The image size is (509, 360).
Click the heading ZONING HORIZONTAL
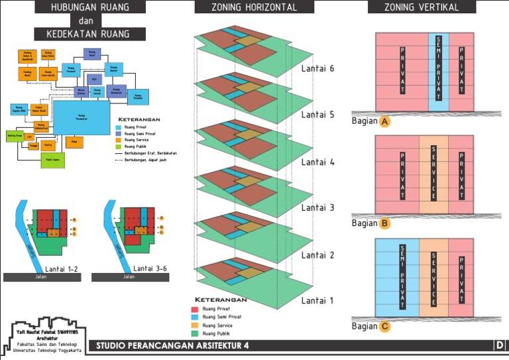pyautogui.click(x=246, y=7)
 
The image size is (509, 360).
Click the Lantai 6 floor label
pyautogui.click(x=318, y=68)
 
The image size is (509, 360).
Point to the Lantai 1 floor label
pyautogui.click(x=318, y=300)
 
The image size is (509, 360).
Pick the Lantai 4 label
pyautogui.click(x=318, y=162)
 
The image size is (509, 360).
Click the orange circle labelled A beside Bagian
pyautogui.click(x=384, y=122)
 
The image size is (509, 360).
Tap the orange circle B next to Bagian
pyautogui.click(x=384, y=223)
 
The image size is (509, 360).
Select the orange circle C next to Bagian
pyautogui.click(x=384, y=326)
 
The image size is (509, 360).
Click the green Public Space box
pyautogui.click(x=53, y=160)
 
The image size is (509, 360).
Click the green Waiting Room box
pyautogui.click(x=15, y=135)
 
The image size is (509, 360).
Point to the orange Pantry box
pyautogui.click(x=48, y=144)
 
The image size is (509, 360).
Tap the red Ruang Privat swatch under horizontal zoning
pyautogui.click(x=195, y=309)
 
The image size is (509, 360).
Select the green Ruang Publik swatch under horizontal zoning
pyautogui.click(x=195, y=333)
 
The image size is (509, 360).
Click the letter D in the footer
pyautogui.click(x=500, y=345)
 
